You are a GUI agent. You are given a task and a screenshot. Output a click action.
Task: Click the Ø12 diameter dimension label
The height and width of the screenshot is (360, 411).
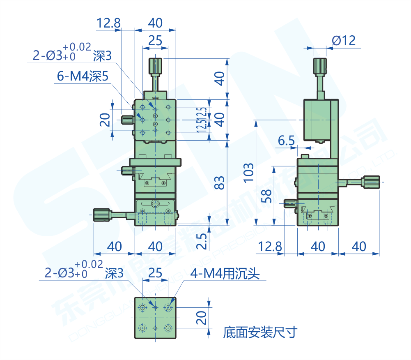343,41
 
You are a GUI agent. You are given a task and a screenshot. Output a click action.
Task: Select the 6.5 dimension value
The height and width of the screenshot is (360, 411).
286,141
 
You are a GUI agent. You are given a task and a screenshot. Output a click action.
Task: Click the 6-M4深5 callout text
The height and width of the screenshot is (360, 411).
82,76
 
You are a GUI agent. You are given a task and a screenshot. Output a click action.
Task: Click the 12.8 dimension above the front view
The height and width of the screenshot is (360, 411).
108,23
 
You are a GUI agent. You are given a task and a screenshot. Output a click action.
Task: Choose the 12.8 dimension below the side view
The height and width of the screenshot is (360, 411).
270,247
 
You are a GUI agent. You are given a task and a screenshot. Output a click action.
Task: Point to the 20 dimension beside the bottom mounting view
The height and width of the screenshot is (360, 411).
201,318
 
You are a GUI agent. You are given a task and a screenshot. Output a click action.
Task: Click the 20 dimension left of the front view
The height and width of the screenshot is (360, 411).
105,120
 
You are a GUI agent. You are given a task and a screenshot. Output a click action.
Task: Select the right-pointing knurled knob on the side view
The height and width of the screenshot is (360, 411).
371,182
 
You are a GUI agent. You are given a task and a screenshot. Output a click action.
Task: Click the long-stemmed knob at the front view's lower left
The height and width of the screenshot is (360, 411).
102,215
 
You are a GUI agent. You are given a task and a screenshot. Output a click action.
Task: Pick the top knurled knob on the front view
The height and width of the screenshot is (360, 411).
155,65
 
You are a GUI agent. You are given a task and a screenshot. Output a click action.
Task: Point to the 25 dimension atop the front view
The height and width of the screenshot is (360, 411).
155,40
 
